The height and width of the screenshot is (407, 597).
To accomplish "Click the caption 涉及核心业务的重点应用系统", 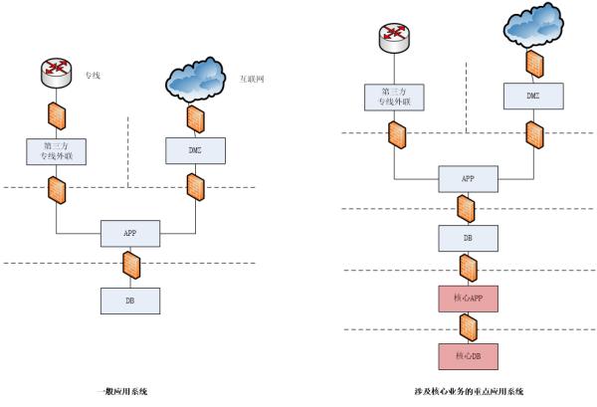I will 468,391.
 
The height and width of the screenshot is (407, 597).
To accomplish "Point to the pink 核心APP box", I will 467,298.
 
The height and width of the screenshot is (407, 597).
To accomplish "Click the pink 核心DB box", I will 467,355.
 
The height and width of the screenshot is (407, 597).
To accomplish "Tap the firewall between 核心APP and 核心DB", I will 467,326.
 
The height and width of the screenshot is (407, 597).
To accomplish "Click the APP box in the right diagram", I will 467,180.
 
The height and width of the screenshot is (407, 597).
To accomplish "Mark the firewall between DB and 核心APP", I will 467,268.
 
